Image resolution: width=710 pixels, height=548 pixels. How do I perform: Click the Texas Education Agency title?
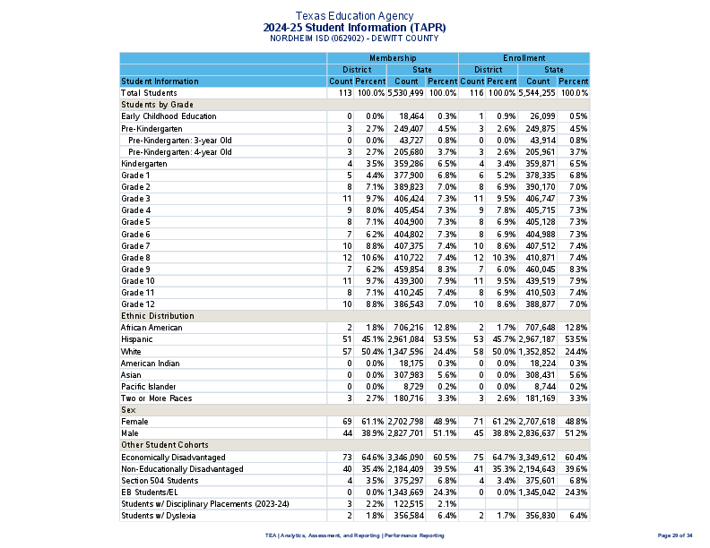click(355, 16)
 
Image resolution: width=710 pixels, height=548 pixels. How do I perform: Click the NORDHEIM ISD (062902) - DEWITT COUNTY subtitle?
click(355, 39)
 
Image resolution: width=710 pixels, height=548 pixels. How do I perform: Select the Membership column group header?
click(393, 58)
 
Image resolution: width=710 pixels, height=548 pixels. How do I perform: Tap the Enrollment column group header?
click(524, 58)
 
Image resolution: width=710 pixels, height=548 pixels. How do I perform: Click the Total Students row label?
click(149, 93)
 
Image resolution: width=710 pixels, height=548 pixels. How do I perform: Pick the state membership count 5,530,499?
click(405, 93)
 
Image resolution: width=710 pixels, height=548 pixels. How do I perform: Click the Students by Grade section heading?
click(157, 105)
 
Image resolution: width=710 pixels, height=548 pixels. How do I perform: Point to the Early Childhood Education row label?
click(169, 116)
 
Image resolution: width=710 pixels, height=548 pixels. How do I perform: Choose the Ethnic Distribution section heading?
click(158, 316)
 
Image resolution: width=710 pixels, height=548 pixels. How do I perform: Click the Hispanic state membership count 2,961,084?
click(405, 339)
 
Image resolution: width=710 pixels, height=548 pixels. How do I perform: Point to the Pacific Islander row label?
click(148, 386)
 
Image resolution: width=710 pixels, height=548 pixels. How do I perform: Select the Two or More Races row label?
click(156, 398)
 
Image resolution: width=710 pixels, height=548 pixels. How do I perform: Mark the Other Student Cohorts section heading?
click(165, 445)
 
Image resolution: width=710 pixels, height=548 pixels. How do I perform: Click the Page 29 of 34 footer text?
click(675, 535)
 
